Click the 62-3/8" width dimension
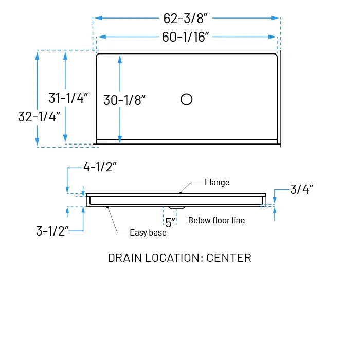point(185,18)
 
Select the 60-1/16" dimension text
point(185,37)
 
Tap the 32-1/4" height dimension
point(39,116)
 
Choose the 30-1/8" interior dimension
point(124,100)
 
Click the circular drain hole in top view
point(187,99)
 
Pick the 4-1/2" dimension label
point(100,167)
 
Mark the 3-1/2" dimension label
point(52,231)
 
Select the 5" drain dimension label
point(170,222)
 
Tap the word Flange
point(217,182)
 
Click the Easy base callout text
point(148,233)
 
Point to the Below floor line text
point(216,220)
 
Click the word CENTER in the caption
point(229,258)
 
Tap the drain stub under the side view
point(176,207)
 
